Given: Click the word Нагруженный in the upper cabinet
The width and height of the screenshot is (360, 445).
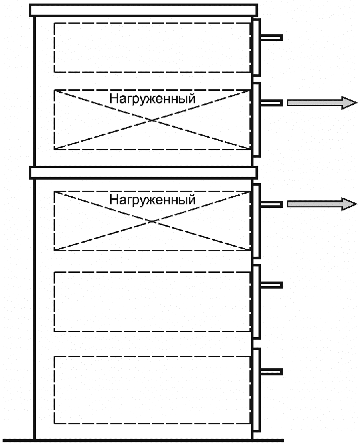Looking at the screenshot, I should pyautogui.click(x=152, y=98).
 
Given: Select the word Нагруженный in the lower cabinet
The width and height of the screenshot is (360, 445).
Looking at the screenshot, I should pyautogui.click(x=152, y=200).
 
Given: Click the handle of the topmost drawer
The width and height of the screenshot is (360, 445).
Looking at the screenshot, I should pyautogui.click(x=271, y=38).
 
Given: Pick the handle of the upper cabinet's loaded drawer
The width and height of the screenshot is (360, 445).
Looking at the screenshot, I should pyautogui.click(x=271, y=103).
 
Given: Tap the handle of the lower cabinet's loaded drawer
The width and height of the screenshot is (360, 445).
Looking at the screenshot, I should pyautogui.click(x=271, y=204).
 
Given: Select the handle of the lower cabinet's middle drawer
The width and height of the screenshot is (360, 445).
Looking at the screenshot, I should pyautogui.click(x=271, y=285).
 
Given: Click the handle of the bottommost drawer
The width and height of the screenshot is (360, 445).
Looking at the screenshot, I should pyautogui.click(x=271, y=372).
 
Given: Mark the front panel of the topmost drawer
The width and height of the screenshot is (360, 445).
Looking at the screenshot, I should pyautogui.click(x=256, y=46).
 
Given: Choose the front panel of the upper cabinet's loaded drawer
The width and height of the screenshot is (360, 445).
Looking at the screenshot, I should pyautogui.click(x=256, y=120).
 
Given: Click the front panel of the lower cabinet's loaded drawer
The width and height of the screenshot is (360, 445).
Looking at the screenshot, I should pyautogui.click(x=256, y=220).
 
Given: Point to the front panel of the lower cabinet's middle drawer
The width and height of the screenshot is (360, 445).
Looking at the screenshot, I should pyautogui.click(x=256, y=301).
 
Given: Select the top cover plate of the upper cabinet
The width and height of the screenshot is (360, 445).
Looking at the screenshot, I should pyautogui.click(x=144, y=10).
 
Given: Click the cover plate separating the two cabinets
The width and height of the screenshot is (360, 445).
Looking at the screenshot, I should pyautogui.click(x=144, y=173).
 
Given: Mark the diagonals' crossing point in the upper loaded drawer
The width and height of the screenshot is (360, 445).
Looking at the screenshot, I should pyautogui.click(x=152, y=120).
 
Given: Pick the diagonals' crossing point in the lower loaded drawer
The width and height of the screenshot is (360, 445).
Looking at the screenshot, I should pyautogui.click(x=152, y=220).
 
